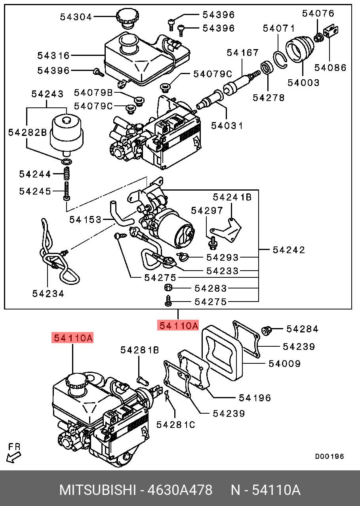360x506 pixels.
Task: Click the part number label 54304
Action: [x=76, y=17]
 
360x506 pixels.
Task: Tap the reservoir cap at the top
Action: [x=127, y=18]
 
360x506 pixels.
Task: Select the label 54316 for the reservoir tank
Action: [x=53, y=55]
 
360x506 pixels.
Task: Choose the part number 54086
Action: [x=330, y=68]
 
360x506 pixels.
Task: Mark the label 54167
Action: [x=242, y=53]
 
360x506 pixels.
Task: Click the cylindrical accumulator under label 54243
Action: [x=67, y=133]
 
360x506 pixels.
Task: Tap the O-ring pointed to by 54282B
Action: [x=67, y=162]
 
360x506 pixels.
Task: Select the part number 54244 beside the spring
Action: [x=35, y=174]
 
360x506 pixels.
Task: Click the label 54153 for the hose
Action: [x=85, y=219]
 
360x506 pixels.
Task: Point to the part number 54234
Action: [x=48, y=293]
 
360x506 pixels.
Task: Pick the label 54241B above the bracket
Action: [x=232, y=197]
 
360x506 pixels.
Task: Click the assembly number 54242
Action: [x=289, y=250]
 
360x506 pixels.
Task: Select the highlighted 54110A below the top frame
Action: [x=178, y=326]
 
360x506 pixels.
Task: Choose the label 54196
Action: [x=255, y=397]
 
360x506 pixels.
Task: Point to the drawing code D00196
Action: [x=330, y=456]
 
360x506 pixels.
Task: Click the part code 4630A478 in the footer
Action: [x=180, y=490]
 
